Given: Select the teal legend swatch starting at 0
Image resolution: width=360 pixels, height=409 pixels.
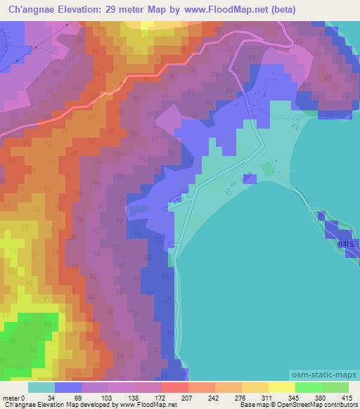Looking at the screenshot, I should [41, 387].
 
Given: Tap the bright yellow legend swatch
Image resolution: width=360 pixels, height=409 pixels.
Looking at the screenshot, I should [282, 387].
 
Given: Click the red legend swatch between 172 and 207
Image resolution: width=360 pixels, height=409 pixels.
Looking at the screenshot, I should [175, 387].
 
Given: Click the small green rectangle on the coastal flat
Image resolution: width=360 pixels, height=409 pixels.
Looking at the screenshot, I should [267, 169].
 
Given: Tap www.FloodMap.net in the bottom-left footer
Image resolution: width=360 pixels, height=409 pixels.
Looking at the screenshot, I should [150, 405].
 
